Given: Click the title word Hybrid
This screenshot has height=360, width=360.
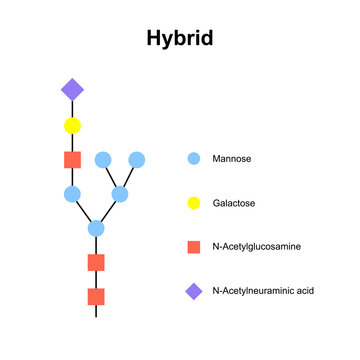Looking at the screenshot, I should (179, 38).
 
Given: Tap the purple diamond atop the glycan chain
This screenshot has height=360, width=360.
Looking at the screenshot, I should (72, 90).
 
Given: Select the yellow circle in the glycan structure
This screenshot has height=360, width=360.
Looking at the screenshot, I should (72, 126).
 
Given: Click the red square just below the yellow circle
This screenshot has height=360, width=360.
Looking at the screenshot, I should (72, 160).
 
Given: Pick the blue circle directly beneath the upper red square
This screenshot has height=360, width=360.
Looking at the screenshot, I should (72, 194).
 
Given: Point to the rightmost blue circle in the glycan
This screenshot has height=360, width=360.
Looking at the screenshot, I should (137, 160).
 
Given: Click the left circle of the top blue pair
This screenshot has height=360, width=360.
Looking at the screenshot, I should (103, 160).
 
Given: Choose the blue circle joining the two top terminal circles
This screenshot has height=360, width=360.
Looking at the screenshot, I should (120, 194).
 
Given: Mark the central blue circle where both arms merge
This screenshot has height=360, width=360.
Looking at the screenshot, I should (96, 228).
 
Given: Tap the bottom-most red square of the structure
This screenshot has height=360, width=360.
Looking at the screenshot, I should (96, 296).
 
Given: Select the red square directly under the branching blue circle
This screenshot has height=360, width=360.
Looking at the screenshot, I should (96, 262).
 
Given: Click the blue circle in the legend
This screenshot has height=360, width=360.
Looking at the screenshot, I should (194, 158).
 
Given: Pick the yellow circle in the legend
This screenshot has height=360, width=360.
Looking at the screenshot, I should (194, 202).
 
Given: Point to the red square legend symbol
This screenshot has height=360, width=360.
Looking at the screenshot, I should (194, 246).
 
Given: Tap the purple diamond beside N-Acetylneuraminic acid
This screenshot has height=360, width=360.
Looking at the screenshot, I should (194, 291).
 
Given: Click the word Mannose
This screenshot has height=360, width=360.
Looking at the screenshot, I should (232, 159).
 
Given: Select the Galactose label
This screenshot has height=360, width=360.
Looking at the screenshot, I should (234, 203).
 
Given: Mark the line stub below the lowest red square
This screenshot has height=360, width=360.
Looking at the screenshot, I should (96, 312).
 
